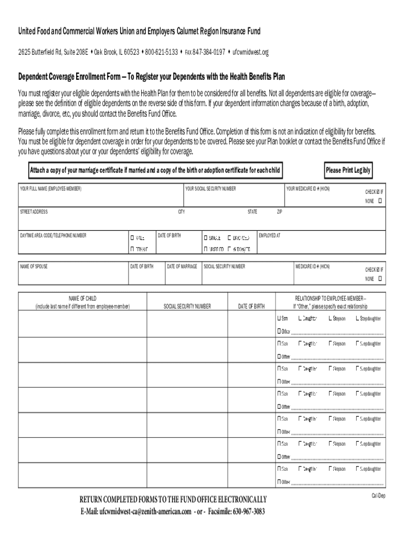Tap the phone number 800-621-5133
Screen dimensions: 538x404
[x=162, y=52]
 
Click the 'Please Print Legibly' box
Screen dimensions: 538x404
[x=348, y=170]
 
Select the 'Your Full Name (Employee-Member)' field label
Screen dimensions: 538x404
[x=51, y=189]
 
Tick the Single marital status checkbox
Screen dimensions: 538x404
[x=206, y=238]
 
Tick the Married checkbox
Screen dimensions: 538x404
[x=206, y=249]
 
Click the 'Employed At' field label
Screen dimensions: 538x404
[x=270, y=235]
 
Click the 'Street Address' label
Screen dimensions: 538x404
[x=34, y=212]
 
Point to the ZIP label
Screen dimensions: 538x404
[x=280, y=212]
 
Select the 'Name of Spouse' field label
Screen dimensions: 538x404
[x=34, y=267]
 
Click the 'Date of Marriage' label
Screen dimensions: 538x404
[x=182, y=267]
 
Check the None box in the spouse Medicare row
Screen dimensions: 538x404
[x=380, y=278]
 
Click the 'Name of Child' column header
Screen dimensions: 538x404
[x=82, y=298]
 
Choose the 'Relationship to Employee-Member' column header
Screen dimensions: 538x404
[x=331, y=298]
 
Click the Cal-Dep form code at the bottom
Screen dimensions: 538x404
[x=378, y=496]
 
